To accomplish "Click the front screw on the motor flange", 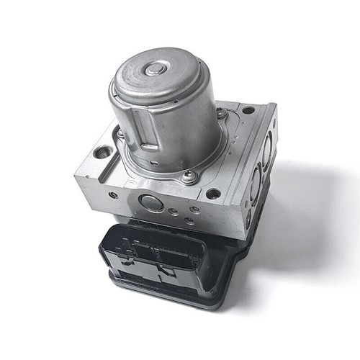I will [x=189, y=175].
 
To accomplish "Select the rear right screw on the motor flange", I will [x=221, y=113].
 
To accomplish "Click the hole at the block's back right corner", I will [x=248, y=110].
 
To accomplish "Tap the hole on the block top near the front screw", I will [x=213, y=192].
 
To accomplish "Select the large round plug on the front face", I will [x=150, y=202].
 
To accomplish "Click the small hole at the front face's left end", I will [x=112, y=194].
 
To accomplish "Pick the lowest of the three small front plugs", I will [x=188, y=220].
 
